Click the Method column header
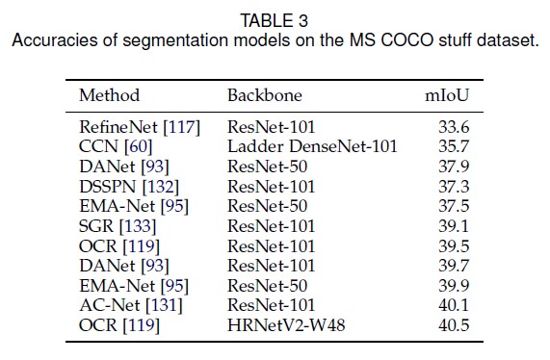click(x=109, y=95)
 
